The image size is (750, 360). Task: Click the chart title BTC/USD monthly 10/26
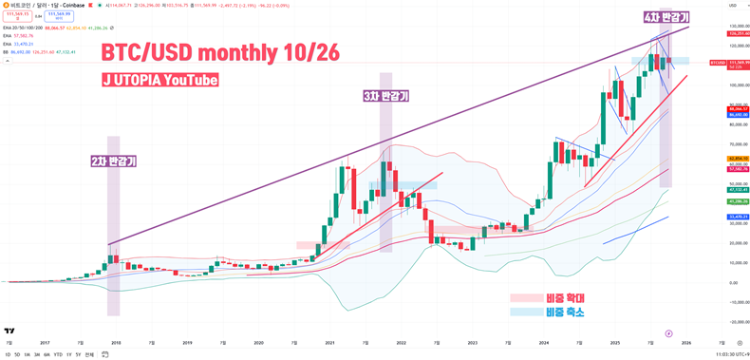(x=219, y=52)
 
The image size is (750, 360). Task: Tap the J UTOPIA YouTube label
(x=159, y=81)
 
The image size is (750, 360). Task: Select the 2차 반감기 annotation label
(x=113, y=161)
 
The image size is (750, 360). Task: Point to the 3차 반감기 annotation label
(x=385, y=96)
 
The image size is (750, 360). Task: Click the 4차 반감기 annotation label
(x=666, y=17)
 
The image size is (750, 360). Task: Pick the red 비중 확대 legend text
(x=565, y=298)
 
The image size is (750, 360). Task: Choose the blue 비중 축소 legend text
(x=565, y=312)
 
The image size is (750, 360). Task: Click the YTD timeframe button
(x=58, y=354)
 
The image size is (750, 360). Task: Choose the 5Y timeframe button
(x=79, y=354)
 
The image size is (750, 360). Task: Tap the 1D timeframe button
(x=8, y=354)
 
